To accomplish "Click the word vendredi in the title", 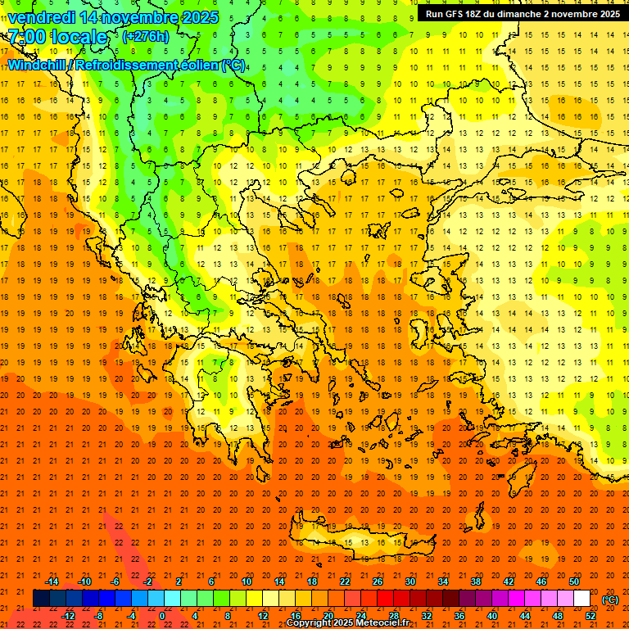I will click(x=43, y=17).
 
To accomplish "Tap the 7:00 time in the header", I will click(x=25, y=37).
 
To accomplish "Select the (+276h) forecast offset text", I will click(x=145, y=37).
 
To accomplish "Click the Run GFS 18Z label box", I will click(x=523, y=14).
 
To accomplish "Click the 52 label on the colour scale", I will click(x=591, y=616).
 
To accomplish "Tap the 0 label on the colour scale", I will click(x=162, y=616).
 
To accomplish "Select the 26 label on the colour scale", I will click(x=378, y=581).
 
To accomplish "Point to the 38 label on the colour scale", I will click(x=475, y=581).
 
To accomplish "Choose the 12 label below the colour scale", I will click(x=263, y=616).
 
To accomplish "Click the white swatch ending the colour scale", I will click(x=581, y=599).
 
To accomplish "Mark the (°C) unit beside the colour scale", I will click(x=609, y=600).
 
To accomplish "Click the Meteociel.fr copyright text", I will click(x=347, y=623).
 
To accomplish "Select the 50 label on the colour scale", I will click(x=573, y=581).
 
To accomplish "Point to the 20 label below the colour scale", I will click(x=328, y=616).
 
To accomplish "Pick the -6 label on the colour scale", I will click(x=115, y=581).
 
